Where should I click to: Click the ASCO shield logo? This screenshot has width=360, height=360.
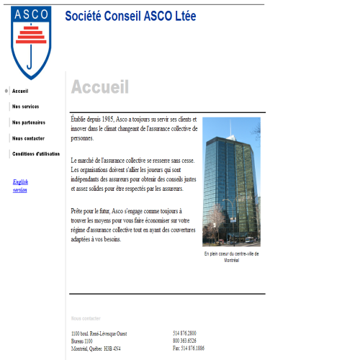point(31,41)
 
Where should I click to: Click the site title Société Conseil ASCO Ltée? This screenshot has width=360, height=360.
point(130,16)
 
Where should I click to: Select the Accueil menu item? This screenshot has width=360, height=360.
point(20,91)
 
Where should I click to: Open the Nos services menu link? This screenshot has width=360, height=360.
point(25,107)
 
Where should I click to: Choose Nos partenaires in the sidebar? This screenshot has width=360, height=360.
point(28,122)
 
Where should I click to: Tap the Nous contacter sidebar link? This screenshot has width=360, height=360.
point(28,138)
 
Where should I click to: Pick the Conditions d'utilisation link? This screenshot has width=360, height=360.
point(35,154)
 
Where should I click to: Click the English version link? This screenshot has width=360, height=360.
point(20,186)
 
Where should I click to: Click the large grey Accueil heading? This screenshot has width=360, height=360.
point(100,88)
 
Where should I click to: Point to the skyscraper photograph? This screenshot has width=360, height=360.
point(231,182)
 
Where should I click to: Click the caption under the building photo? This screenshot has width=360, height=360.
point(231,257)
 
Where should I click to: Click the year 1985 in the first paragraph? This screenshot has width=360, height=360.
point(109,118)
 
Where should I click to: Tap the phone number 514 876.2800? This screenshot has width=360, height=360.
point(184,333)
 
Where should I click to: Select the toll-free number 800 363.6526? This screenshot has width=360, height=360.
point(184,341)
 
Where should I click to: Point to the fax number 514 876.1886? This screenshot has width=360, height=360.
point(189,348)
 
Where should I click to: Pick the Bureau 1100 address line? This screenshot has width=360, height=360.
point(82,341)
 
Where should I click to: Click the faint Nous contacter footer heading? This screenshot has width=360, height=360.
point(86,318)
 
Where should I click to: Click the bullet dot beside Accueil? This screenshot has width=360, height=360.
point(6,91)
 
